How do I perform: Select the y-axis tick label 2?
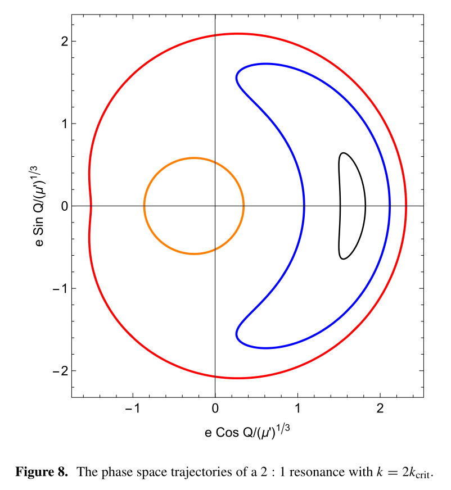pos(65,42)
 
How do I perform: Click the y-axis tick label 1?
pos(65,124)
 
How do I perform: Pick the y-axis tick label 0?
pos(65,206)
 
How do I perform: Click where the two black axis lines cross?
pos(215,206)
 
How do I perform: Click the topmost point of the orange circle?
pos(194,158)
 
